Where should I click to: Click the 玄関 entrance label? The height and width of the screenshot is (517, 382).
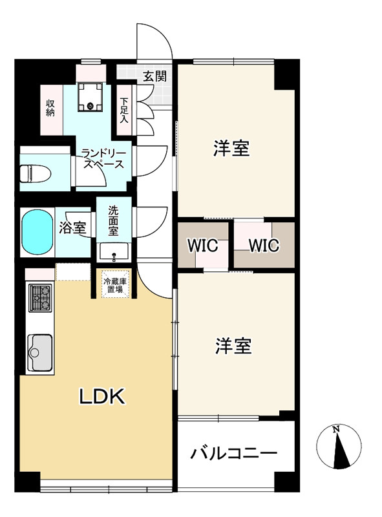[154, 76]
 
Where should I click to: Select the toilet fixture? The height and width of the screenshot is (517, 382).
[32, 174]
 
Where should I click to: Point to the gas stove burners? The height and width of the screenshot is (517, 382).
[39, 298]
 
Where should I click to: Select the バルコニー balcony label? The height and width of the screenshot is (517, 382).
[233, 453]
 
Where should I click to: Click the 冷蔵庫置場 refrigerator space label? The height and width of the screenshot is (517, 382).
[116, 285]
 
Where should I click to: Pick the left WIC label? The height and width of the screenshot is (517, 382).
[203, 246]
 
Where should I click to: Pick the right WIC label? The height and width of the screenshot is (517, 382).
[263, 246]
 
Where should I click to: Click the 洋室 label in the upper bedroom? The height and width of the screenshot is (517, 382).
[231, 149]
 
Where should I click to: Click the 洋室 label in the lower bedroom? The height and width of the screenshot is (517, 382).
[233, 346]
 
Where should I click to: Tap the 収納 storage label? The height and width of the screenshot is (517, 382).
[50, 107]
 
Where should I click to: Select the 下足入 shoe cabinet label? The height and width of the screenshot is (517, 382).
[123, 109]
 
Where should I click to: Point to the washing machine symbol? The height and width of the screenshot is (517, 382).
[90, 97]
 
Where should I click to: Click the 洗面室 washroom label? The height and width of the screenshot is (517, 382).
[113, 219]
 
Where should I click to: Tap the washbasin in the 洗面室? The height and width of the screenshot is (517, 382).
[115, 251]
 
